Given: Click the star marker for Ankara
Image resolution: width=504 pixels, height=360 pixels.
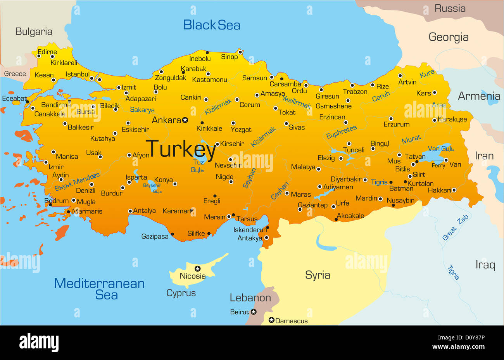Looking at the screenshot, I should [x=185, y=120].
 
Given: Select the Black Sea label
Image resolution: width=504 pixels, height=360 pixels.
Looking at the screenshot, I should [x=212, y=25].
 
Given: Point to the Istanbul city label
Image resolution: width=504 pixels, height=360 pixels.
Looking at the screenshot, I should [x=78, y=74].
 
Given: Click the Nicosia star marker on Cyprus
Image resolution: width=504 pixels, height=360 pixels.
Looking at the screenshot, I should [x=197, y=268].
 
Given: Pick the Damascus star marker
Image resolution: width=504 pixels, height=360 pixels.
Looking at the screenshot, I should [x=271, y=320].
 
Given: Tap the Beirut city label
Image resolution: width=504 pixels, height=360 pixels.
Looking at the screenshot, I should [x=239, y=312].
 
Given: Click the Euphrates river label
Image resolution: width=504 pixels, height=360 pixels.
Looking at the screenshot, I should [x=341, y=132].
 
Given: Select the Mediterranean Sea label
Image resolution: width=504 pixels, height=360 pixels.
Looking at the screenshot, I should [x=99, y=289].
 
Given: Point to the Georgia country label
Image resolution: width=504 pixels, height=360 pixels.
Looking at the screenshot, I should [x=449, y=37].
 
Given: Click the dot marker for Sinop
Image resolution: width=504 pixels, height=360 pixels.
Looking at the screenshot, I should [x=240, y=52].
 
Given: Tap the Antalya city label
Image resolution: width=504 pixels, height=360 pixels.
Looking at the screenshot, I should [x=144, y=211].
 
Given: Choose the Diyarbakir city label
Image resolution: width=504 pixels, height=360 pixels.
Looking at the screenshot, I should [x=346, y=179].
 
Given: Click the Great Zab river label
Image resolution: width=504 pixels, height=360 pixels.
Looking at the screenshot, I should [x=456, y=228].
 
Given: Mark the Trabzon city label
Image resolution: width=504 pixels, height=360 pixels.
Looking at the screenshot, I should [x=355, y=92].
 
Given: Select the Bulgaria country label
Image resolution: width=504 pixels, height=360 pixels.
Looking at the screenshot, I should [x=34, y=32].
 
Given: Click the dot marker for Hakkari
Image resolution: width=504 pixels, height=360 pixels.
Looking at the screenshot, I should [x=454, y=190].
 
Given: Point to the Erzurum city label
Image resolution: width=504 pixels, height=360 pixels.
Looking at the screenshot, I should [x=396, y=125].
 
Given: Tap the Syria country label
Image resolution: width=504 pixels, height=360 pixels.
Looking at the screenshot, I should [x=318, y=275].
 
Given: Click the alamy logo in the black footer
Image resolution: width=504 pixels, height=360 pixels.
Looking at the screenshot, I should [x=39, y=343].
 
